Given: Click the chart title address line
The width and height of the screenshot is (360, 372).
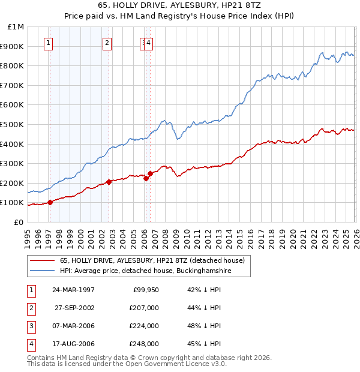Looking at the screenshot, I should pos(179,5).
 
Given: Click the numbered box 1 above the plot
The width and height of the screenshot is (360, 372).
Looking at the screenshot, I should pos(48,43).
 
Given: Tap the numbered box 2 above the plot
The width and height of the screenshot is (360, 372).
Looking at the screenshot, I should pos(106,43).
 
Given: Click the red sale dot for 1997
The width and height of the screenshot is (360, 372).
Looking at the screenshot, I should pos(50,202).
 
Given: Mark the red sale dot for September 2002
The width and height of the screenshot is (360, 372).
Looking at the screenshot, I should pos(109,182).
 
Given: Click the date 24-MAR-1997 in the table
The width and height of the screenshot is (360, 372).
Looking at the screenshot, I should pos(73,289).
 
